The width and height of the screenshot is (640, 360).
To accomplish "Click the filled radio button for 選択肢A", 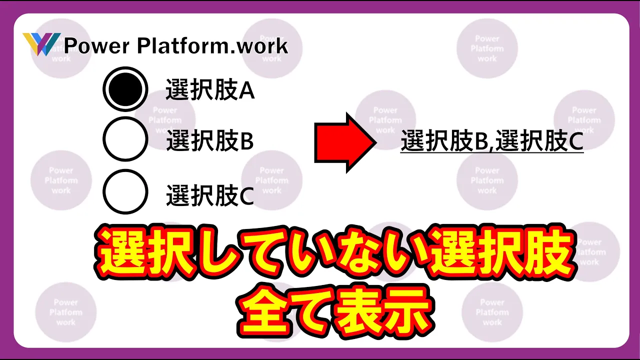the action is click(x=125, y=89).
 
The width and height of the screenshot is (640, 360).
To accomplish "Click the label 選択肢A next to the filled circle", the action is click(x=210, y=89).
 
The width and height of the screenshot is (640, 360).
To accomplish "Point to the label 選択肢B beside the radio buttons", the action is click(x=210, y=140).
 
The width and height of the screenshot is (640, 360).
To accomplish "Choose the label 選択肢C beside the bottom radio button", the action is click(x=210, y=195).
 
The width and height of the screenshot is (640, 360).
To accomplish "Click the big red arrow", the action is click(x=345, y=142).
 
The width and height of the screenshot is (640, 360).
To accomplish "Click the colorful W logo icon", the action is click(x=41, y=44).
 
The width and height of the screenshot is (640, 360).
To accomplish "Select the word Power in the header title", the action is click(x=97, y=45).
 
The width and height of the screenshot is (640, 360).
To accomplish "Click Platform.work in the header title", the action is click(x=212, y=45).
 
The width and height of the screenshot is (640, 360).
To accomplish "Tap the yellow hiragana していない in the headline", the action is click(x=309, y=253).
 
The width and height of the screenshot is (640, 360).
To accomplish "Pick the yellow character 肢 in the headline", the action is click(x=548, y=253).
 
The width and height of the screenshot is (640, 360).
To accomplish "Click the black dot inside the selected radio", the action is click(x=125, y=89).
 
